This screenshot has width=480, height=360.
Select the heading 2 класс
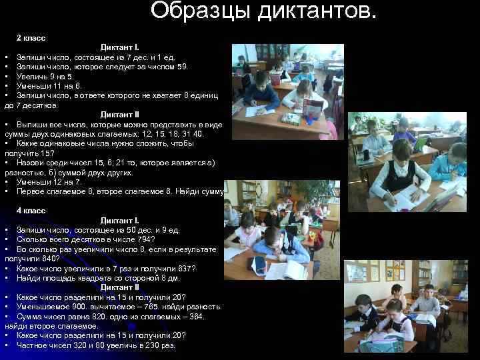click(x=31, y=39)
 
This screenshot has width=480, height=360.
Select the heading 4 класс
click(x=31, y=210)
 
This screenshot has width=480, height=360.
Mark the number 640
click(x=52, y=259)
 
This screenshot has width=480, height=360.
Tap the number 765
click(x=151, y=307)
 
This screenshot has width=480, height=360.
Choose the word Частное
click(x=33, y=345)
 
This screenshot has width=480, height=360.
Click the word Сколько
click(x=33, y=239)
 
